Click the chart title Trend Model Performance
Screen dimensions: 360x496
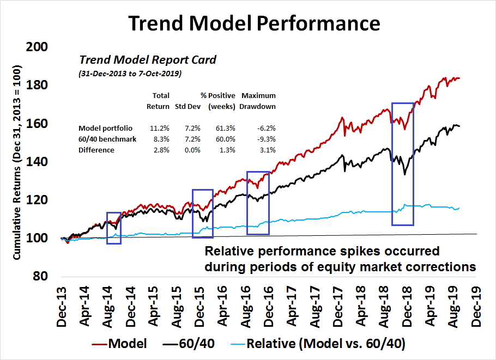tap(254, 24)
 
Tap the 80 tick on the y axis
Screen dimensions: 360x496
tap(39, 276)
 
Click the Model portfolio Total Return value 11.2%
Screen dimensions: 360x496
tap(159, 128)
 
